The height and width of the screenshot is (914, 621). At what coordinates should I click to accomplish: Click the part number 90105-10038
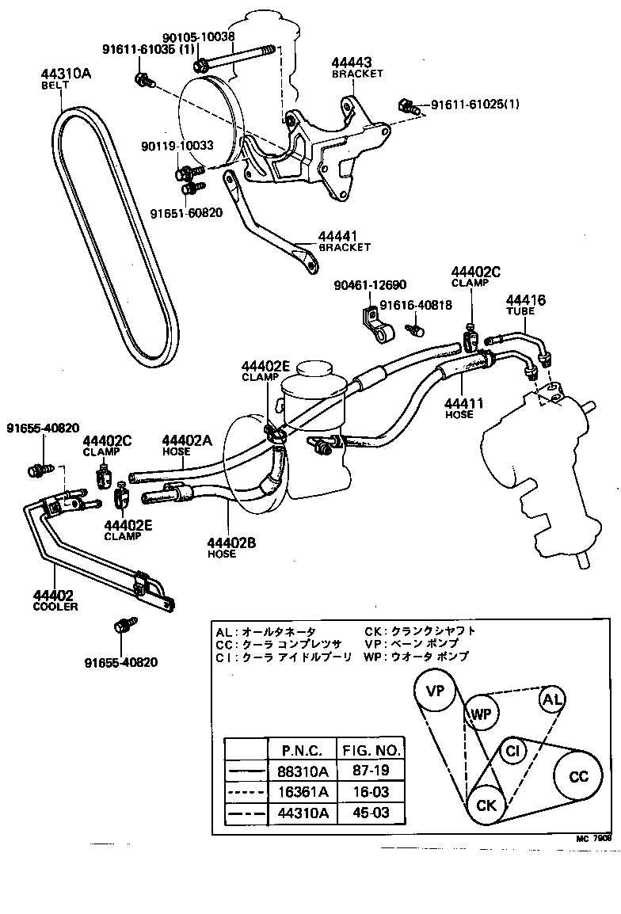coord(201,36)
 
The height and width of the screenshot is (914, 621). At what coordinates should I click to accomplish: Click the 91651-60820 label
coord(186,212)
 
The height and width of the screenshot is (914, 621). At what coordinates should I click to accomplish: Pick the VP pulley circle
coord(436,691)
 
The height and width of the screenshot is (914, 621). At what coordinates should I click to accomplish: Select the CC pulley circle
coord(580,776)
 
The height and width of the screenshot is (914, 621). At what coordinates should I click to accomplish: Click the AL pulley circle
coord(552,699)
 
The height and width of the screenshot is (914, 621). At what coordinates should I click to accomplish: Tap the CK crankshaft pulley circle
coord(486,805)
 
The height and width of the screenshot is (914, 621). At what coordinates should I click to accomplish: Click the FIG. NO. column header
coord(371,749)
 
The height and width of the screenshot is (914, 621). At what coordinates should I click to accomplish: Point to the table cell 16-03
coord(371,791)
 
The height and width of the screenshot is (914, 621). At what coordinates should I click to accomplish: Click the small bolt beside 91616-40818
coord(413,326)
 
